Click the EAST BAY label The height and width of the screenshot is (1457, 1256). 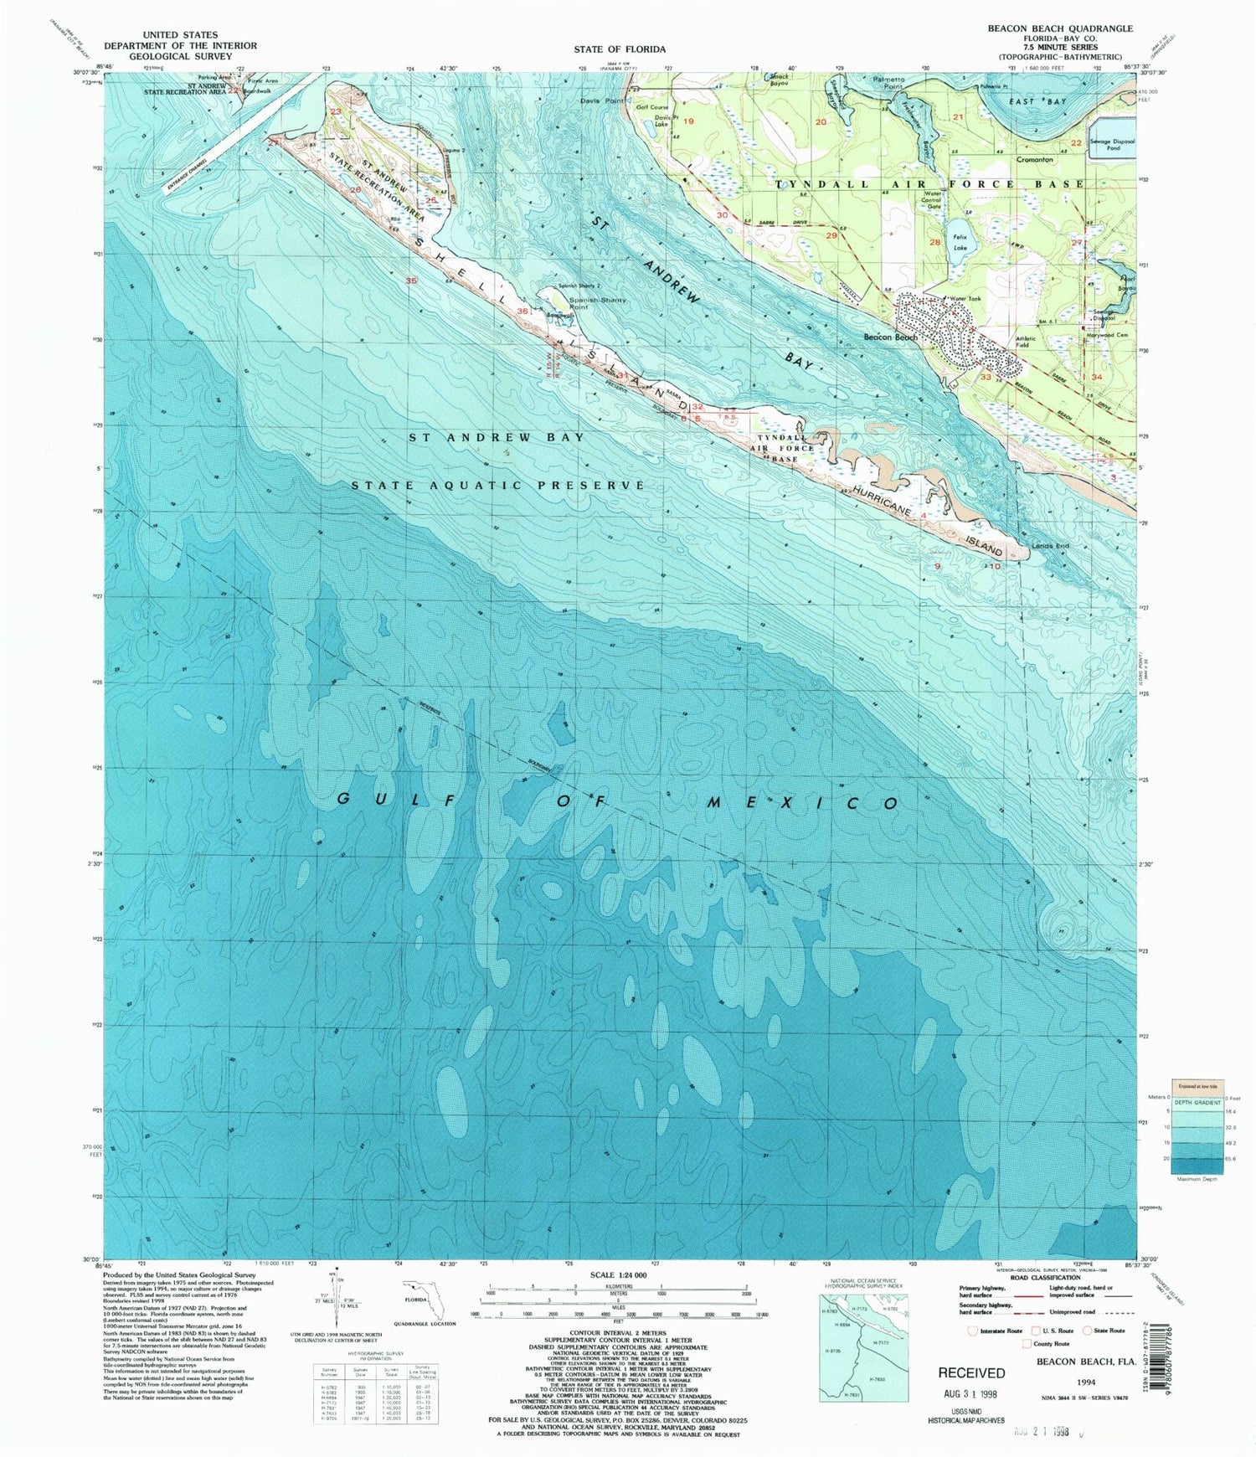tap(1026, 101)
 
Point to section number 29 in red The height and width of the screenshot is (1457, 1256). tap(831, 236)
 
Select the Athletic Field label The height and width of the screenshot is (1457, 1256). tap(1026, 342)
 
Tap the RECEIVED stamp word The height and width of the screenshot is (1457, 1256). tap(971, 1372)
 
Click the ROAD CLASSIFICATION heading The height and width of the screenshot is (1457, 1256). tap(1044, 1278)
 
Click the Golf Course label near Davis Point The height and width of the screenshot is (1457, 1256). tap(652, 107)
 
